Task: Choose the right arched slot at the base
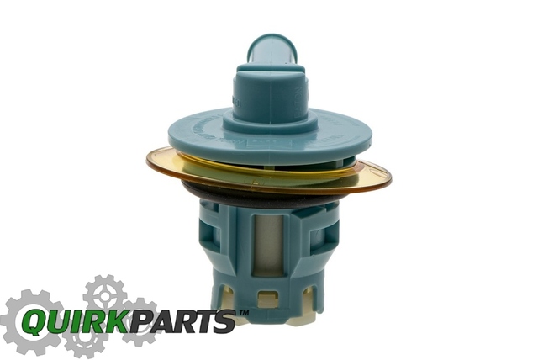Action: coord(309,295)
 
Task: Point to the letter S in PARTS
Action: coord(224,322)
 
